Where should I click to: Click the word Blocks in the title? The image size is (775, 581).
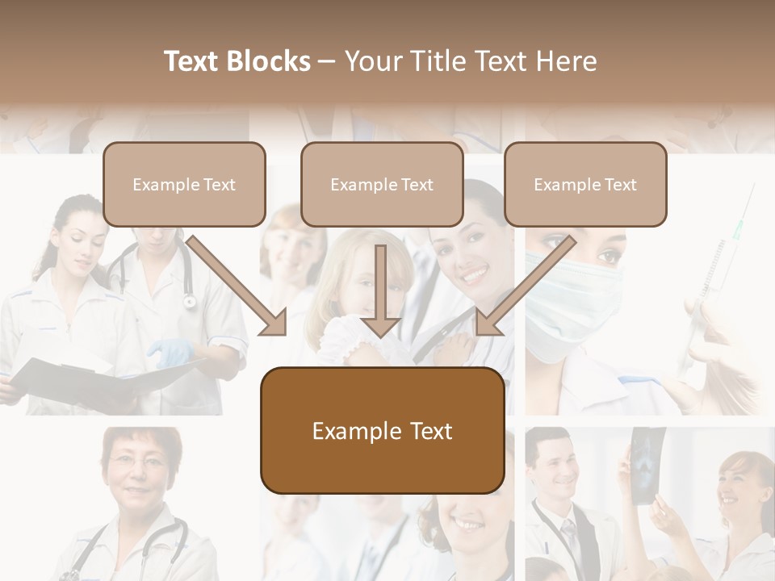(x=270, y=61)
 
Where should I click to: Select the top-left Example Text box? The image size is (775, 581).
(x=184, y=184)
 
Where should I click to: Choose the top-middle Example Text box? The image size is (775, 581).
(x=382, y=184)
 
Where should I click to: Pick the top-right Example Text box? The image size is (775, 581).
(x=585, y=184)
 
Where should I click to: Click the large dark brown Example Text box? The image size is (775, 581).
(x=382, y=430)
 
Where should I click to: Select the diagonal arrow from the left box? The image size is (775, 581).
(x=238, y=286)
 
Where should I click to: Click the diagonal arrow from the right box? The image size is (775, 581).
(x=524, y=286)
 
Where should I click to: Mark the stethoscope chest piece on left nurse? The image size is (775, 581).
(x=190, y=302)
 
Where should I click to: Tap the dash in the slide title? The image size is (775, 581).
(x=327, y=61)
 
